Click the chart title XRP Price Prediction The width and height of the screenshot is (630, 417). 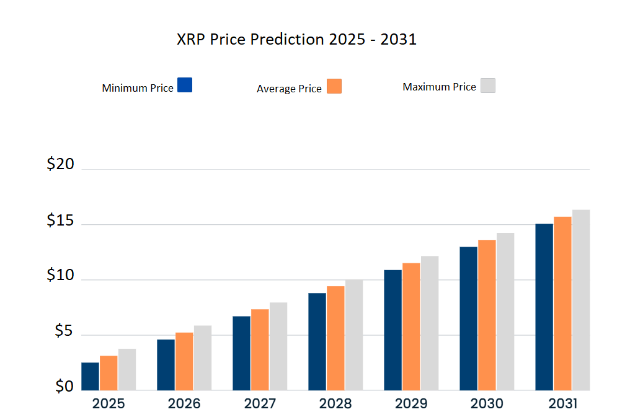(x=296, y=40)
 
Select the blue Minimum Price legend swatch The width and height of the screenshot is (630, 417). (x=185, y=85)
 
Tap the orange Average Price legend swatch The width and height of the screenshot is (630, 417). (x=334, y=86)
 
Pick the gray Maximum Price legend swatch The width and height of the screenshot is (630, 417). (x=488, y=86)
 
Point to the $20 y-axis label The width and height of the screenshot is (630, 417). (x=60, y=164)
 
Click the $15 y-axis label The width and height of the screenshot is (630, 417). (x=60, y=221)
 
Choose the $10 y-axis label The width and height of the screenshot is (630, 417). (x=60, y=276)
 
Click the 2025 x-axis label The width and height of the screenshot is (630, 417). (x=109, y=404)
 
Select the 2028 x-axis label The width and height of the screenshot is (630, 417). (x=335, y=404)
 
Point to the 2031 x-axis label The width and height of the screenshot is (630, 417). (x=562, y=404)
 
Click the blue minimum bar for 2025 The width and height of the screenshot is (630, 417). (x=90, y=376)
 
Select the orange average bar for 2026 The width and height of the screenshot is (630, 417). (x=184, y=361)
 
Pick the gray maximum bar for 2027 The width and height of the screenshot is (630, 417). (x=278, y=346)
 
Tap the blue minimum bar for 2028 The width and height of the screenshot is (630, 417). (x=317, y=341)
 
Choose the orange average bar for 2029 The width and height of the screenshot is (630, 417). (x=411, y=327)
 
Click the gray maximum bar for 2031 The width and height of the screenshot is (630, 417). (x=581, y=300)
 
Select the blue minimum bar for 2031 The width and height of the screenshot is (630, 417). (x=544, y=307)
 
